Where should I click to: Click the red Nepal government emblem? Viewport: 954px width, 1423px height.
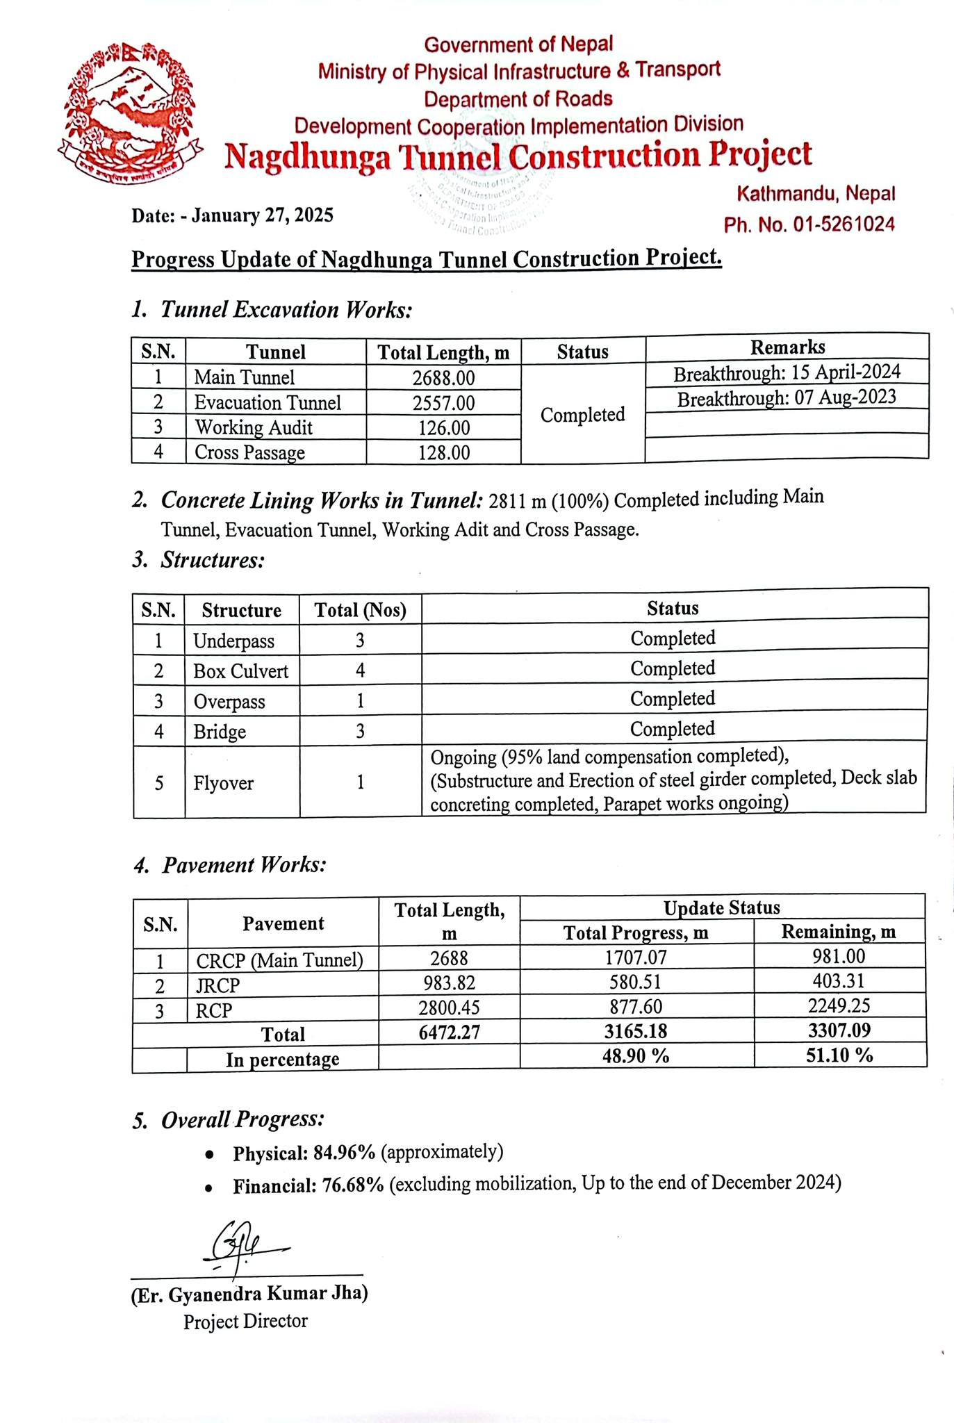coord(130,111)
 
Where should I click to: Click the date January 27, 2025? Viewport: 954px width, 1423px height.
coord(262,215)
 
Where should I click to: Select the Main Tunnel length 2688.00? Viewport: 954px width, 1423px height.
coord(443,377)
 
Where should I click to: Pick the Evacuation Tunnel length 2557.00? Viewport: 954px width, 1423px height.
coord(443,403)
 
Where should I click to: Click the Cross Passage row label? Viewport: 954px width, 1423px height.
coord(249,453)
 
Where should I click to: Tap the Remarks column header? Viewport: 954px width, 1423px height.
coord(787,347)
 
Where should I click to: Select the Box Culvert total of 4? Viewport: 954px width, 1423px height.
coord(360,671)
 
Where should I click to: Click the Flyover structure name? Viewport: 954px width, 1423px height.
coord(223,783)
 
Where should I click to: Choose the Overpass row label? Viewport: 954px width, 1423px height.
coord(229,702)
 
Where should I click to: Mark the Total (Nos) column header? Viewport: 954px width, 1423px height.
coord(360,610)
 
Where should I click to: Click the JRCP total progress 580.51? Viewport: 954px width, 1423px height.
coord(636,982)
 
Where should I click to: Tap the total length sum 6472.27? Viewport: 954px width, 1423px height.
coord(449,1032)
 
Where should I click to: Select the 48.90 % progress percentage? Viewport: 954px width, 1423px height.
coord(636,1056)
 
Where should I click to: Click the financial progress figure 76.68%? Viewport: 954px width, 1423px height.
coord(352,1185)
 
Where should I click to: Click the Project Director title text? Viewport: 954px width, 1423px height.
coord(245,1321)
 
